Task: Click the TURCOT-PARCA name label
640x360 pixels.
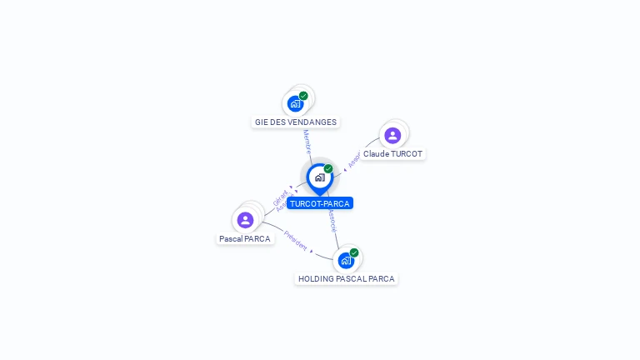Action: coord(320,203)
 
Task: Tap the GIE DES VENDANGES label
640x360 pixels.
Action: coord(296,122)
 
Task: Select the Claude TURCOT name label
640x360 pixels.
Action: coord(392,154)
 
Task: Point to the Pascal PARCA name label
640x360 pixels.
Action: coord(245,239)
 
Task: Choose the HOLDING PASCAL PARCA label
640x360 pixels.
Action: coord(346,279)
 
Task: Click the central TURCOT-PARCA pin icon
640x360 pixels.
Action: coord(319,177)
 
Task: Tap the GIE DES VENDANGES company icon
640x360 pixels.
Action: coord(295,103)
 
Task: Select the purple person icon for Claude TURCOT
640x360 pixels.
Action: coord(392,135)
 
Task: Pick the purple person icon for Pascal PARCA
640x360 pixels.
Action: coord(245,220)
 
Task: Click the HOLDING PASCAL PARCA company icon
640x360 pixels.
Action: coord(346,260)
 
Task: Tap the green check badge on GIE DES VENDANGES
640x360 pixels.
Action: coord(303,96)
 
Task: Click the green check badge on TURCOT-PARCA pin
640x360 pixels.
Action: coord(328,169)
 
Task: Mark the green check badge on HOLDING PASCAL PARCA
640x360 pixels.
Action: coord(354,252)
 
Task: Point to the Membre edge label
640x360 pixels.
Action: coord(307,142)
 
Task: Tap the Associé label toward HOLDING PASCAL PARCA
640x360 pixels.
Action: coord(332,220)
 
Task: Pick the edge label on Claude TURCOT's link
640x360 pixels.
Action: coord(353,159)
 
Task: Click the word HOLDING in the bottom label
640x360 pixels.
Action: coord(316,279)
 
